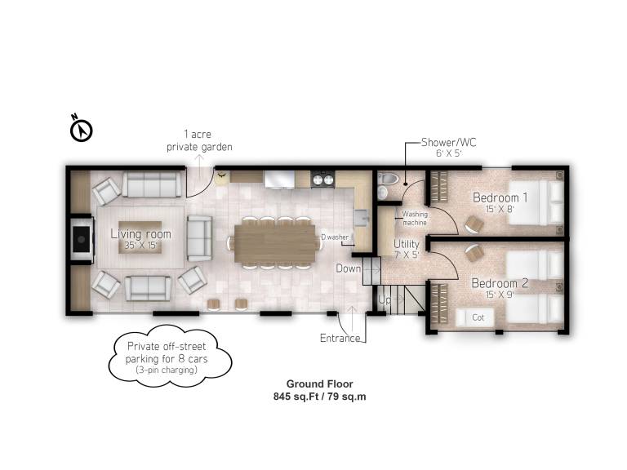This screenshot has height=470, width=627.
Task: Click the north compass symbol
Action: (81, 130)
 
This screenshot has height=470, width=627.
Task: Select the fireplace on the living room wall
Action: (82, 239)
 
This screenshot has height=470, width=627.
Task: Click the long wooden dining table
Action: (275, 243)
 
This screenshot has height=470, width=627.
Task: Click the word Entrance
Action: (340, 338)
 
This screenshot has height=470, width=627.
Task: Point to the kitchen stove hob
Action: (322, 178)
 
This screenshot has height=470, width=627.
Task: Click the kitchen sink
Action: (362, 217)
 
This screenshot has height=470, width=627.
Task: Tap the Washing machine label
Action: (415, 218)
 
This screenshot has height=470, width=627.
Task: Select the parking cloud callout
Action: (170, 356)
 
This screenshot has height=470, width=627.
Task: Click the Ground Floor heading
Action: (320, 384)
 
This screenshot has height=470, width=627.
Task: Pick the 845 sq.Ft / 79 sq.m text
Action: (320, 397)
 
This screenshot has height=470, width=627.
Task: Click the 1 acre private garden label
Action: (199, 140)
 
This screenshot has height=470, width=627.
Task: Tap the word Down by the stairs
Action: (349, 268)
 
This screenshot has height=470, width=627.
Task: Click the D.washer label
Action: (335, 237)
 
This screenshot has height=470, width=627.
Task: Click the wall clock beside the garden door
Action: (221, 176)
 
